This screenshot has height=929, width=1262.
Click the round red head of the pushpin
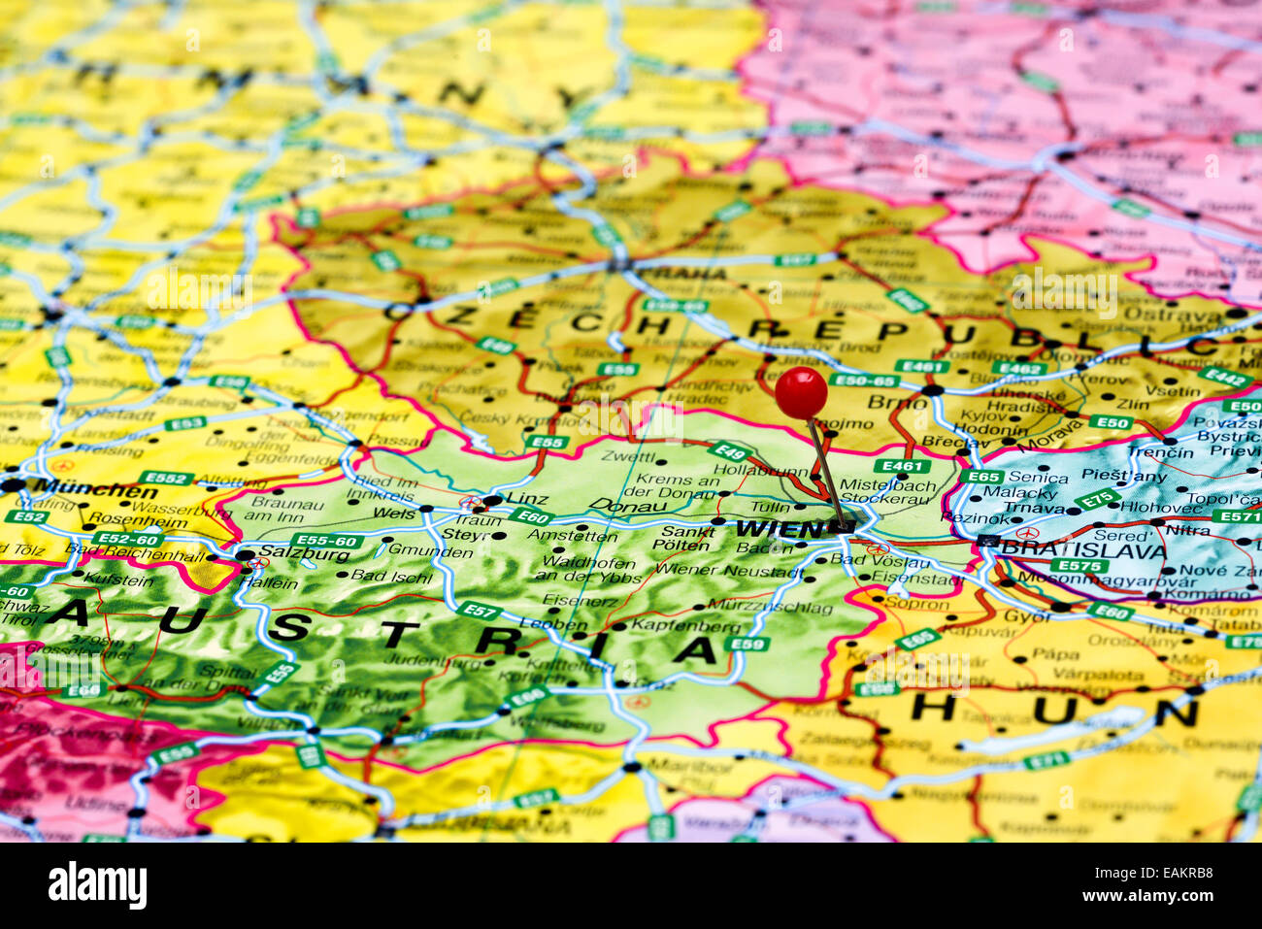(x=801, y=392)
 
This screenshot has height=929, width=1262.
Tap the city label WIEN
(x=779, y=529)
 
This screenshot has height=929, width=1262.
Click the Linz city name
(x=527, y=499)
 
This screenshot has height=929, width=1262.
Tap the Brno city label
(x=883, y=402)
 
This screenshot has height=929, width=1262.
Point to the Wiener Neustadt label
(x=743, y=572)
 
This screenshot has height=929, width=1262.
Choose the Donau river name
(x=629, y=507)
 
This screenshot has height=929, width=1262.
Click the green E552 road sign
(x=166, y=478)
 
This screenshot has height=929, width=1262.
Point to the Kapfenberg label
(x=685, y=626)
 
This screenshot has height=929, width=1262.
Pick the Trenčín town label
(x=1160, y=453)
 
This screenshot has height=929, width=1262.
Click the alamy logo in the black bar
(x=97, y=885)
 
